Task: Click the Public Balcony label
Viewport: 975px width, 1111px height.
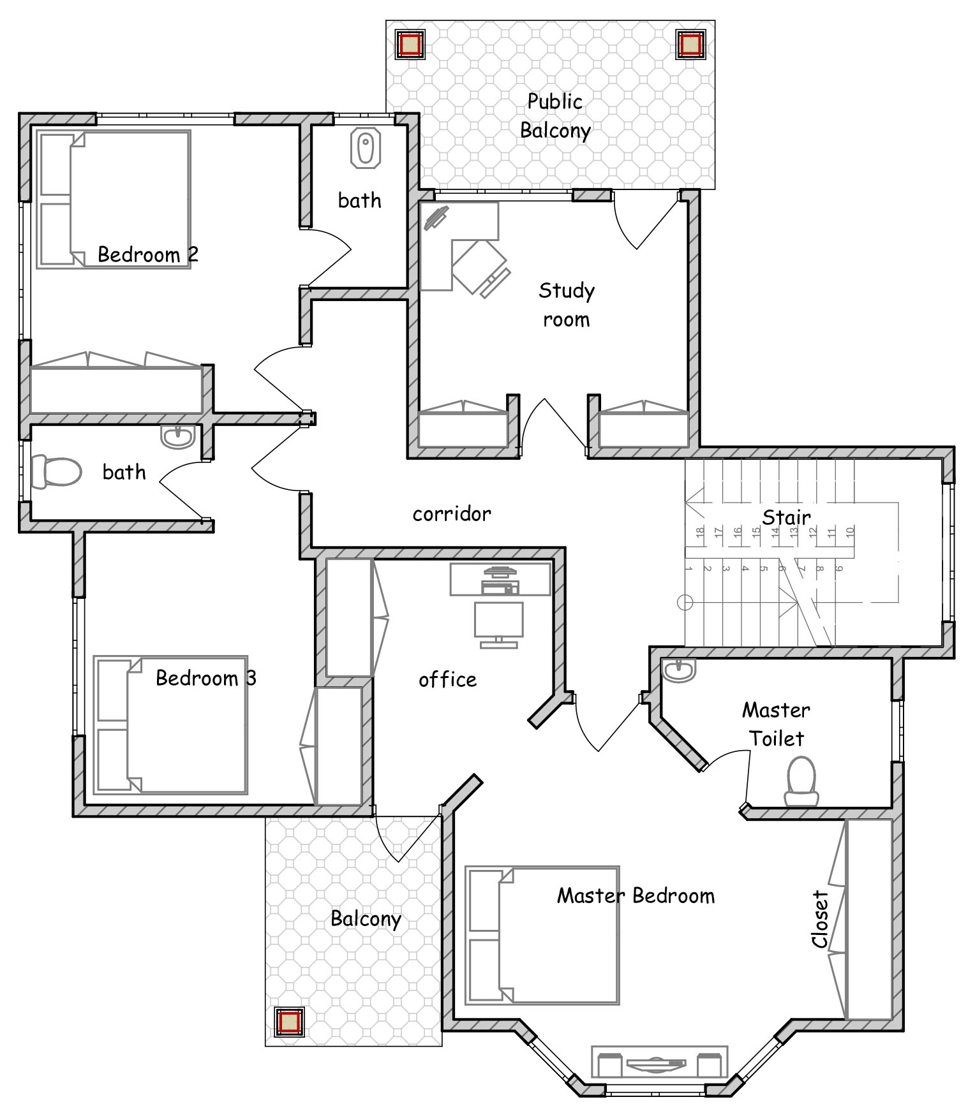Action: click(555, 116)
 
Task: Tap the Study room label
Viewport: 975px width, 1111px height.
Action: click(567, 305)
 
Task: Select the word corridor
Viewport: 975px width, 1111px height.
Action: click(452, 513)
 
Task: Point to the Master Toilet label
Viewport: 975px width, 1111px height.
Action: click(776, 724)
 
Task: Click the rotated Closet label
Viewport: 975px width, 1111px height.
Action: click(820, 919)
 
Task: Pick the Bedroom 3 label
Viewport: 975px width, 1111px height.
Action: click(206, 677)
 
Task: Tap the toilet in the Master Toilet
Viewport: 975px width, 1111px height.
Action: click(801, 782)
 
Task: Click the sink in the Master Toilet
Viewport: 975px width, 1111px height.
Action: click(679, 670)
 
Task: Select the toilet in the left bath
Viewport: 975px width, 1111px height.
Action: click(56, 472)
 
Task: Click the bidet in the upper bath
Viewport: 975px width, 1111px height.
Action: click(366, 149)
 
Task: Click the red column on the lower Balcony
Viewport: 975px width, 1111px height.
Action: click(290, 1022)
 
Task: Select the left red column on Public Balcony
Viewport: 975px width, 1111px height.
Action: click(410, 45)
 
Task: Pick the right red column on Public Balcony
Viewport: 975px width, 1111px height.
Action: click(690, 45)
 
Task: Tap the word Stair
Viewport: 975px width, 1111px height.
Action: click(787, 517)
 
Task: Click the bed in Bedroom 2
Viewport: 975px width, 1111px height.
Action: click(114, 199)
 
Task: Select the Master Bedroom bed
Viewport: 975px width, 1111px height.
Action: click(542, 935)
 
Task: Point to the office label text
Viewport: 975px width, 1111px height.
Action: click(447, 680)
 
